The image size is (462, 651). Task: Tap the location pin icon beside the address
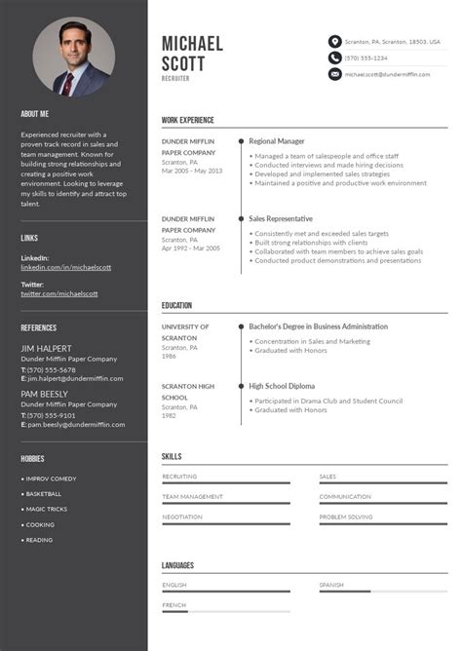334,41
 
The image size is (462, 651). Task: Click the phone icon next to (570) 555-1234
334,57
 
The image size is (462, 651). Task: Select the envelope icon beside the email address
334,74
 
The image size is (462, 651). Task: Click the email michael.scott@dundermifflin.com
387,74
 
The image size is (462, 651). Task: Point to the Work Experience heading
188,121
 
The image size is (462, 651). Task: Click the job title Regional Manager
277,141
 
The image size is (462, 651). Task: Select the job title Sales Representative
281,219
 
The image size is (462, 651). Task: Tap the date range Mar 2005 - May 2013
192,171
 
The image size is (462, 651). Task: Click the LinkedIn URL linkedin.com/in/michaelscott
66,266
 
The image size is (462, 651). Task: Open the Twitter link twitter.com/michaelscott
59,293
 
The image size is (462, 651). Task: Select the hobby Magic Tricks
46,509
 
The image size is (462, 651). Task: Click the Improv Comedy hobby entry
51,479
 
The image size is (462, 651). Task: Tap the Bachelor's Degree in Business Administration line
318,326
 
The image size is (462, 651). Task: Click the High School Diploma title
283,386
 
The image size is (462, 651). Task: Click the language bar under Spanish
383,592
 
